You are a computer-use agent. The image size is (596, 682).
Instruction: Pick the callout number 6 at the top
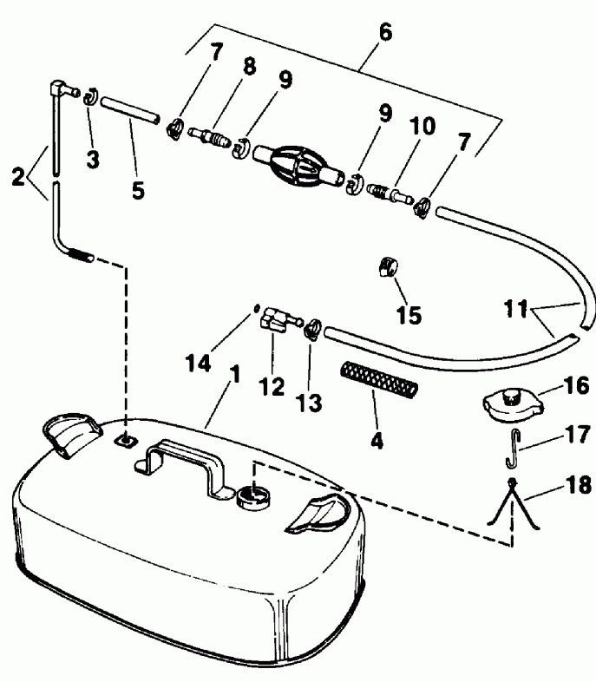[385, 33]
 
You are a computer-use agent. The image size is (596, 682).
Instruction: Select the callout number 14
[198, 363]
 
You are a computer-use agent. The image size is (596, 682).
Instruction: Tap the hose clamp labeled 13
[313, 329]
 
